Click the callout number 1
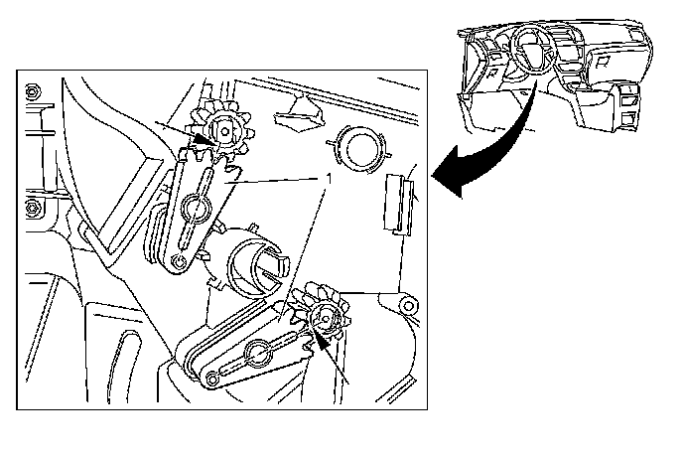tap(330, 179)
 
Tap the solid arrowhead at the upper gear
tap(205, 139)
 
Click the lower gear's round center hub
tap(325, 317)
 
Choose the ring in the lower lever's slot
tap(258, 353)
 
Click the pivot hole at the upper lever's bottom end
tap(179, 261)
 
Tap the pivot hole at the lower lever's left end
tap(212, 379)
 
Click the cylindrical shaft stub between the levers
tap(258, 267)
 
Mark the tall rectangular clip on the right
tap(398, 204)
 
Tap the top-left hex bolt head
tap(32, 92)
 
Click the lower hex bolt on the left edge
tap(34, 208)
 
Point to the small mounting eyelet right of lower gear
tap(407, 306)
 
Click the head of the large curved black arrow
tap(451, 172)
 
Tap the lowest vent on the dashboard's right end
tap(628, 120)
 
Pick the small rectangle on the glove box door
tap(603, 61)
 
